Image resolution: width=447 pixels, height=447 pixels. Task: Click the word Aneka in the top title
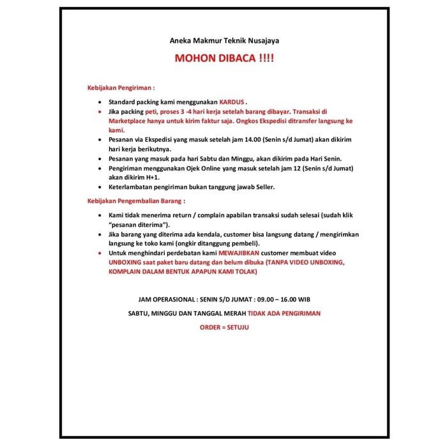[x=181, y=40]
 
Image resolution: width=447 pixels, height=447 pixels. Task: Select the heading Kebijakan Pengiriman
[x=121, y=87]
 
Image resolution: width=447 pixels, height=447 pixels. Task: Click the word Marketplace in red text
[x=131, y=121]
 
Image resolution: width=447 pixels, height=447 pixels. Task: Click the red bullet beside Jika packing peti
[x=100, y=112]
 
